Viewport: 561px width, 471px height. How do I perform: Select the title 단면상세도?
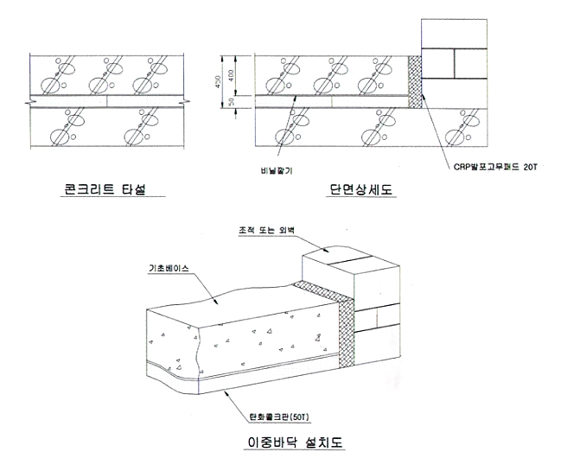tap(360, 190)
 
